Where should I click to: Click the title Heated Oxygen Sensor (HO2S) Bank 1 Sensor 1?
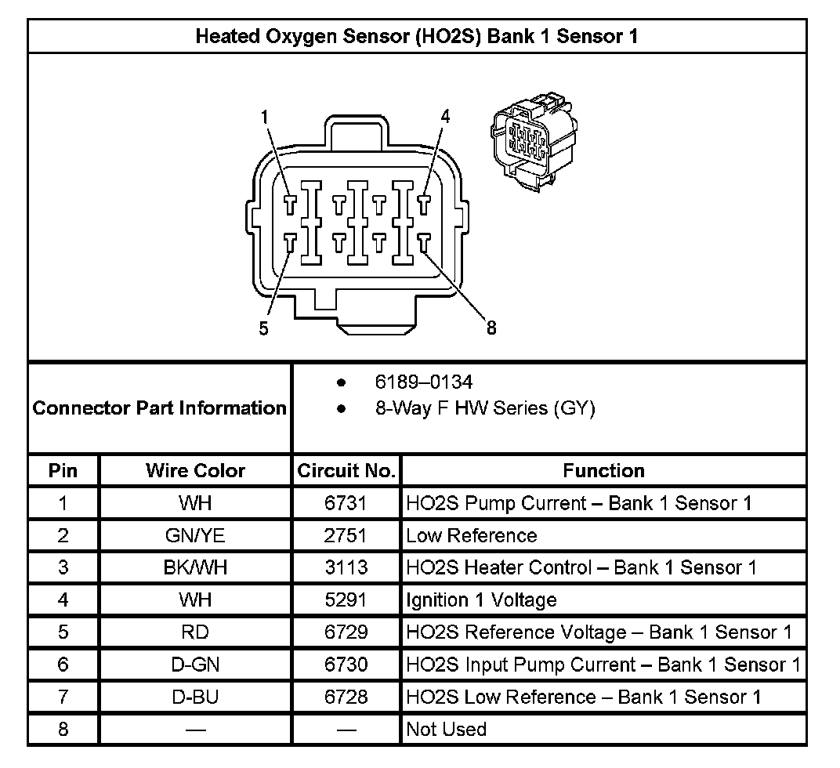tap(416, 36)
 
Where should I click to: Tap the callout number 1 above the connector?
tap(265, 117)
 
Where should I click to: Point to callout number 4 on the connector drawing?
tap(445, 117)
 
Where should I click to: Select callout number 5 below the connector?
tap(264, 328)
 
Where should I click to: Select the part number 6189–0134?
tap(424, 382)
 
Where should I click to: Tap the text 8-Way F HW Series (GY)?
tap(485, 408)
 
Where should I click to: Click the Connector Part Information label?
tap(160, 408)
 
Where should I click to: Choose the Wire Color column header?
tap(195, 471)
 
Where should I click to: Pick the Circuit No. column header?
tap(346, 471)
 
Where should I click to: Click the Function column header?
tap(603, 471)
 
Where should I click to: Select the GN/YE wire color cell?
tap(195, 536)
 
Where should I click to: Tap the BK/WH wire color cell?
tap(195, 568)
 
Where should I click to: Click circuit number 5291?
tap(346, 600)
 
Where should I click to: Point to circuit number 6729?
tap(346, 632)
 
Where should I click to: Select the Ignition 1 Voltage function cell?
tap(481, 600)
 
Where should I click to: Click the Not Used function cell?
tap(446, 730)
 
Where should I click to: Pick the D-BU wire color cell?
tap(195, 697)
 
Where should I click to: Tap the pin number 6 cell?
tap(63, 665)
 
